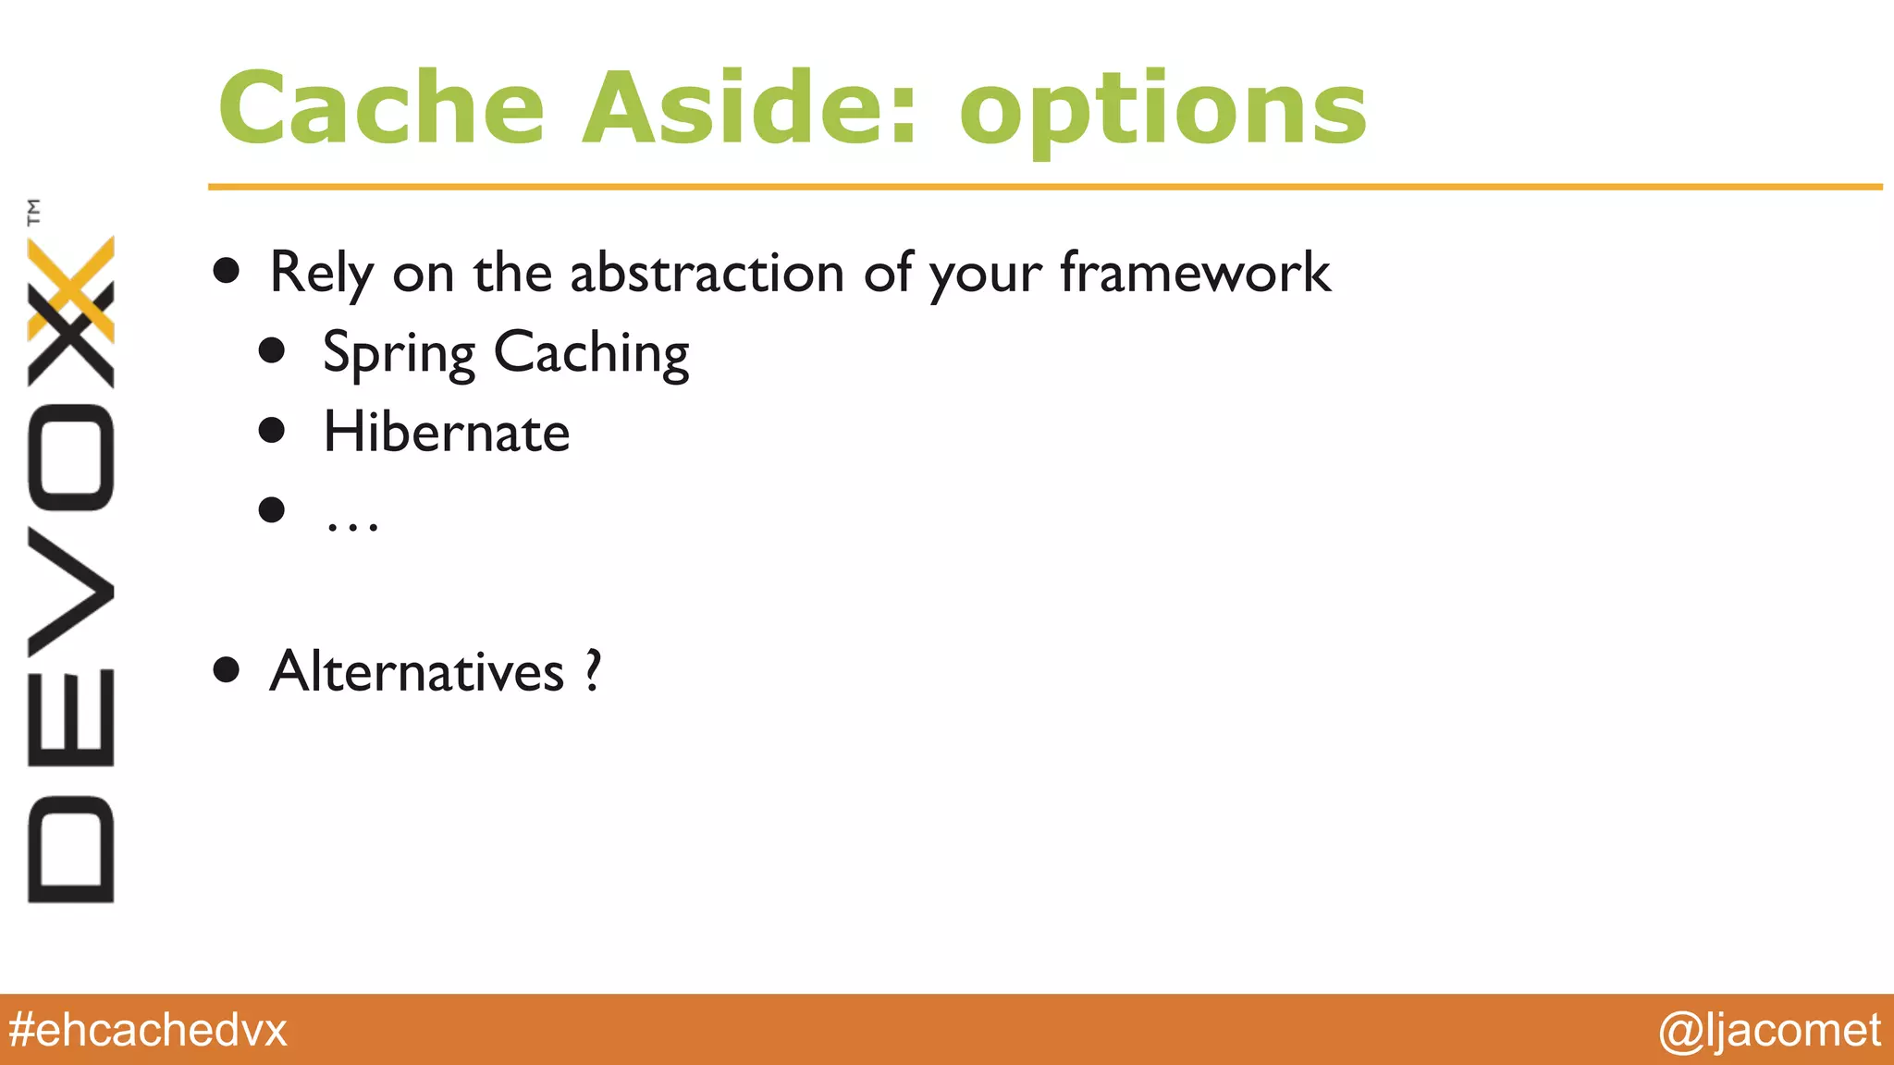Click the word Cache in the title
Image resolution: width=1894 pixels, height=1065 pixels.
pos(381,109)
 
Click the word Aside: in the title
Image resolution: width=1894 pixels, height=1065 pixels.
pos(749,109)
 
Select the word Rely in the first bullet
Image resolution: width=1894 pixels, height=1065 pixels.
pos(321,274)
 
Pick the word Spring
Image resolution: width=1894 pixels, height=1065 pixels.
pos(399,355)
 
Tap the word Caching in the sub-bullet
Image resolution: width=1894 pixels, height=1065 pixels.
pos(592,355)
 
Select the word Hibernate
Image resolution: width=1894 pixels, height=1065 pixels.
pos(446,433)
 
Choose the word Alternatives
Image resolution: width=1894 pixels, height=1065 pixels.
pos(416,671)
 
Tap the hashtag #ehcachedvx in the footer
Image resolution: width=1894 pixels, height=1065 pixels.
pos(148,1030)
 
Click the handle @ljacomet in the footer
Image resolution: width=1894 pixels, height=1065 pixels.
pos(1769,1030)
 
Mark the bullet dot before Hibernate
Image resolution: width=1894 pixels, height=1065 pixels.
pos(272,430)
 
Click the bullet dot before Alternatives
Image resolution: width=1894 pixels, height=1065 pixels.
pos(226,669)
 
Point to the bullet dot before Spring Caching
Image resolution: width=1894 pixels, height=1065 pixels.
pos(272,350)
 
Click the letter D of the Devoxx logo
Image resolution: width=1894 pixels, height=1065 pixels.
pos(71,849)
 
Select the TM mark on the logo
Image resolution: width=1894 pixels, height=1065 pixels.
pos(34,212)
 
